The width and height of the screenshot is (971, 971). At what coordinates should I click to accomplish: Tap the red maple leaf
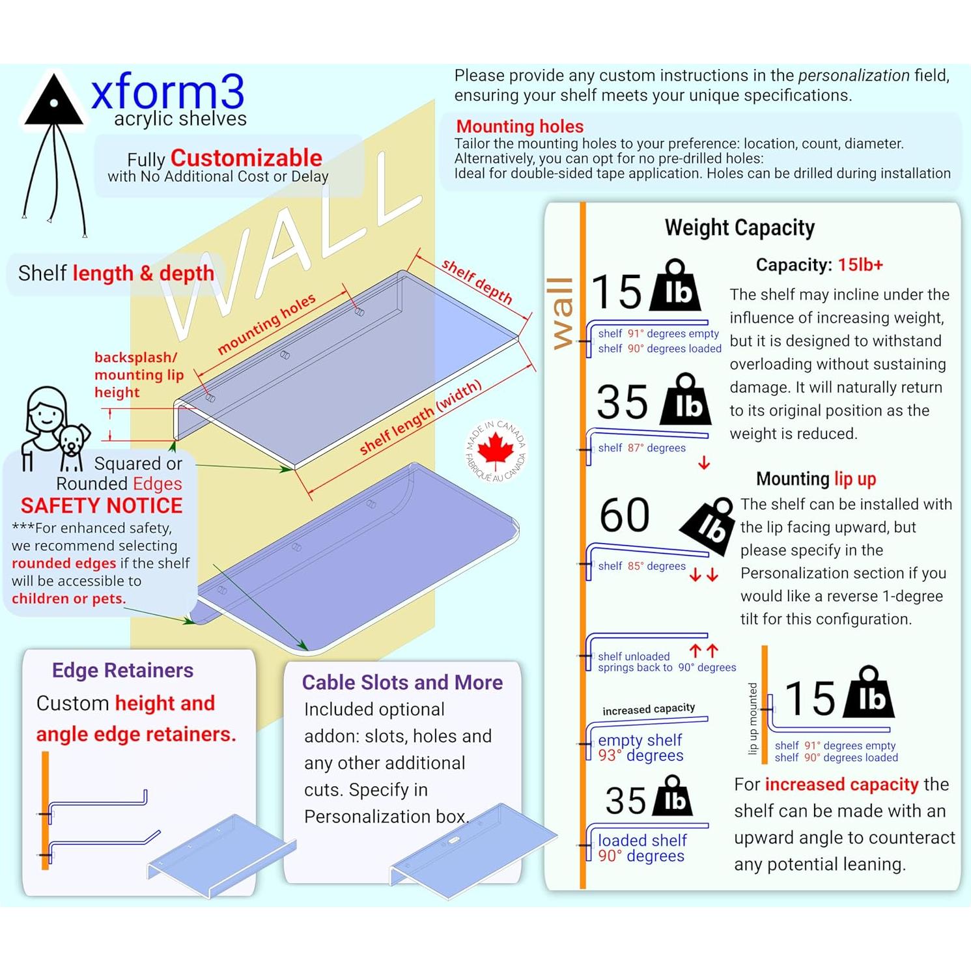pyautogui.click(x=496, y=449)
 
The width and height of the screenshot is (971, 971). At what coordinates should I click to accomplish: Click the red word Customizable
pyautogui.click(x=246, y=158)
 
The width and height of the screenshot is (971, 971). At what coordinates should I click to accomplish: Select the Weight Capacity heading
pyautogui.click(x=739, y=228)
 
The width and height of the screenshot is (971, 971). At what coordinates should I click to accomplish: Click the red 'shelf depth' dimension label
pyautogui.click(x=477, y=281)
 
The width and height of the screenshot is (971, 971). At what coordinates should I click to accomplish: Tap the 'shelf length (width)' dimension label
pyautogui.click(x=420, y=417)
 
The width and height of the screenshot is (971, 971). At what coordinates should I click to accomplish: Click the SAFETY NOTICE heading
pyautogui.click(x=102, y=506)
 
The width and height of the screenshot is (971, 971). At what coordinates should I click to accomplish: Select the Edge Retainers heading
pyautogui.click(x=122, y=670)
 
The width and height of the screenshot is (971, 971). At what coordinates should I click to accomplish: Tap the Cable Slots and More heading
pyautogui.click(x=402, y=682)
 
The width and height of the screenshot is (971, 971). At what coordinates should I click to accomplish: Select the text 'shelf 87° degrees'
pyautogui.click(x=641, y=448)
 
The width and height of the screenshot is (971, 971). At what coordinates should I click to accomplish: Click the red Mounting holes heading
pyautogui.click(x=520, y=126)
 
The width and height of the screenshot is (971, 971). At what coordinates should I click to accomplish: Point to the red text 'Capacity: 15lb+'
pyautogui.click(x=819, y=265)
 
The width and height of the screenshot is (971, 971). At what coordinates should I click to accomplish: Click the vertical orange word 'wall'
pyautogui.click(x=561, y=313)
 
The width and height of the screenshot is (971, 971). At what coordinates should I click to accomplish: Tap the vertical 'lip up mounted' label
pyautogui.click(x=753, y=718)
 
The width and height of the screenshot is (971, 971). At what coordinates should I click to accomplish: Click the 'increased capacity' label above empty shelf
pyautogui.click(x=648, y=709)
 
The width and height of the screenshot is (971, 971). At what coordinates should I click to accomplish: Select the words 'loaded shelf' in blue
pyautogui.click(x=642, y=841)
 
